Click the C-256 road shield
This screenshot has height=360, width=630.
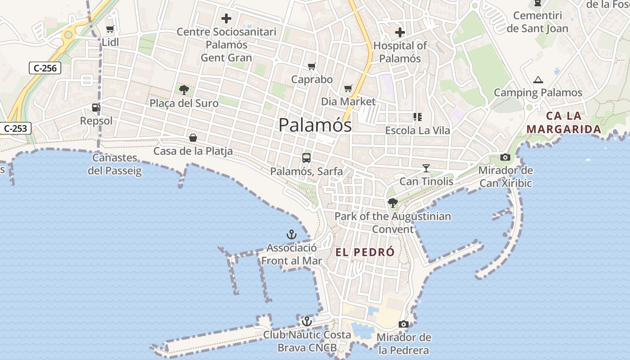(x=45, y=68)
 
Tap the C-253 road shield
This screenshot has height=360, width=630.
(x=15, y=128)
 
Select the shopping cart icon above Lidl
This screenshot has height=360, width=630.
(x=110, y=29)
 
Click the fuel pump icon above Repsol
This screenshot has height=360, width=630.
(x=95, y=108)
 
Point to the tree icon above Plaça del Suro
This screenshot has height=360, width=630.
(x=184, y=90)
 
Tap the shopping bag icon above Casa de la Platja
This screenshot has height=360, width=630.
(x=193, y=138)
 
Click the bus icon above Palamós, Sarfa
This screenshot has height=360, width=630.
(x=306, y=158)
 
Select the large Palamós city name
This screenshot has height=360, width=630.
(x=315, y=125)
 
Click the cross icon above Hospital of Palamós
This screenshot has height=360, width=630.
(x=400, y=32)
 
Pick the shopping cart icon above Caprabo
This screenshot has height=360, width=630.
(x=311, y=67)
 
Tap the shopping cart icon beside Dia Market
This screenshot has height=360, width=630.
(x=348, y=88)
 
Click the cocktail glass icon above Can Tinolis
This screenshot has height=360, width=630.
(x=426, y=168)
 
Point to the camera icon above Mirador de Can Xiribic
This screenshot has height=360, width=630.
(x=505, y=157)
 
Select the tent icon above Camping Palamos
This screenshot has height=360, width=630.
(x=538, y=80)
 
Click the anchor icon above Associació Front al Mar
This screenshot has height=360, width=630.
(x=292, y=234)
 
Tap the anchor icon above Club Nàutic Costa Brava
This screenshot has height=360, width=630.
(x=306, y=321)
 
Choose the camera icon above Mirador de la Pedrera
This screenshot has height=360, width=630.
(x=404, y=324)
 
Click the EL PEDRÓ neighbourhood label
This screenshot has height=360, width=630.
(x=365, y=252)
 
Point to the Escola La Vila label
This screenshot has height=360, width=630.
(x=418, y=130)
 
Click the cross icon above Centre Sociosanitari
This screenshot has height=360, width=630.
(x=226, y=19)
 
